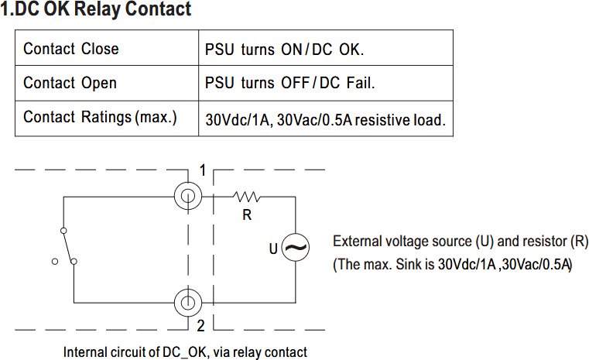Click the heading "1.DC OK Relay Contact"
(96, 9)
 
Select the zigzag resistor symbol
(246, 197)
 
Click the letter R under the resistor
(247, 215)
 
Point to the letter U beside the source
(273, 249)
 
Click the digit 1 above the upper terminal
(203, 170)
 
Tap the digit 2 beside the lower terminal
(201, 325)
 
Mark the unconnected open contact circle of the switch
(55, 261)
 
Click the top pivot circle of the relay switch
(64, 231)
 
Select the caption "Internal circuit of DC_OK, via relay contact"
(185, 352)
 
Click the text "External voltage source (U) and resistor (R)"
(461, 242)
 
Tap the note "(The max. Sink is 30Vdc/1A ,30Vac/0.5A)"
(453, 265)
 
